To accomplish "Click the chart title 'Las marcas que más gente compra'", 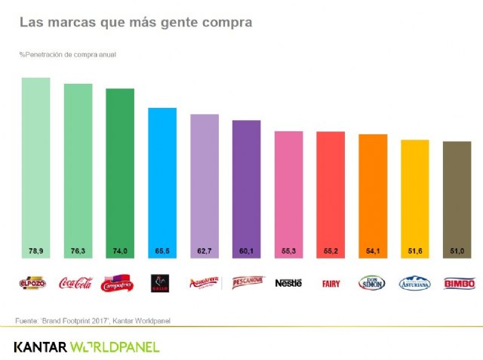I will click(x=136, y=23).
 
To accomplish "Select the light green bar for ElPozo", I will click(x=35, y=166).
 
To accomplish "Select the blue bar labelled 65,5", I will click(x=162, y=181).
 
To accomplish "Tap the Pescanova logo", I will click(x=246, y=283).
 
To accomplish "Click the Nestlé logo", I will click(x=288, y=283).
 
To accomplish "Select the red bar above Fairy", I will click(x=331, y=192).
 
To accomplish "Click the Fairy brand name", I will click(x=331, y=284).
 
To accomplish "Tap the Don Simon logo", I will click(x=373, y=283).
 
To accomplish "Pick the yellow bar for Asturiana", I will click(x=415, y=196).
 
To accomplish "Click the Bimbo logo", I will click(x=457, y=283).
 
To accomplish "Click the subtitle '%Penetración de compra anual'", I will click(x=67, y=54).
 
